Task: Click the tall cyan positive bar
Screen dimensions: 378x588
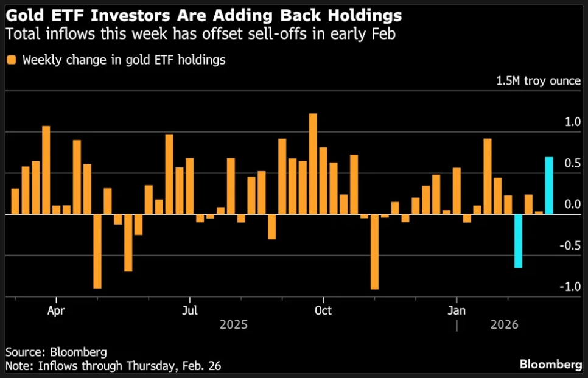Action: click(x=549, y=186)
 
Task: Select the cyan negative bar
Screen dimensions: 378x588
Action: click(x=519, y=241)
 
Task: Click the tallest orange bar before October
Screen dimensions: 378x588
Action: click(x=313, y=164)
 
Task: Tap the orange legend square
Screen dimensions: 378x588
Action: click(x=12, y=60)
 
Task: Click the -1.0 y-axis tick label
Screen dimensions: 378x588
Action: click(x=570, y=287)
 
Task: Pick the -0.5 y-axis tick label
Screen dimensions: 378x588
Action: click(x=570, y=246)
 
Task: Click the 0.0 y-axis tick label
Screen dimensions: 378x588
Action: click(x=572, y=205)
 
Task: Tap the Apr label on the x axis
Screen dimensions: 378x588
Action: click(x=56, y=309)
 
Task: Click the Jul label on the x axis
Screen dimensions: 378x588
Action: click(x=190, y=309)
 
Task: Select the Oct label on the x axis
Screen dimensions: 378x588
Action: click(x=323, y=309)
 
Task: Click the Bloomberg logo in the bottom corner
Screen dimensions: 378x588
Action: click(x=550, y=365)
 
